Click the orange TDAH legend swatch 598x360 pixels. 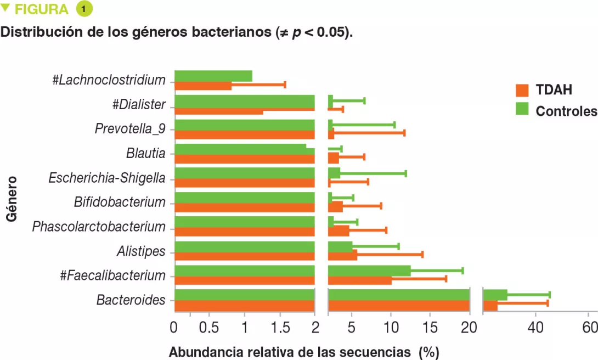(521, 90)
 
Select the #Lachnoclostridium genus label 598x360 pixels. (109, 80)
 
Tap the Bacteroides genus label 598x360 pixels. (131, 300)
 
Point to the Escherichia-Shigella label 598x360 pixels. (106, 178)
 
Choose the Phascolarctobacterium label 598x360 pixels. (99, 227)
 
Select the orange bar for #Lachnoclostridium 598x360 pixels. (203, 86)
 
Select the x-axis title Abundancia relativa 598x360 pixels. (290, 352)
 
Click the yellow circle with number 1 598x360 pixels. (84, 9)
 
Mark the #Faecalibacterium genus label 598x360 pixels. (112, 275)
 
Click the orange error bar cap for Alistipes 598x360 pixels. (422, 254)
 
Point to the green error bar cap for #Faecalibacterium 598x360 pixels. (463, 271)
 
